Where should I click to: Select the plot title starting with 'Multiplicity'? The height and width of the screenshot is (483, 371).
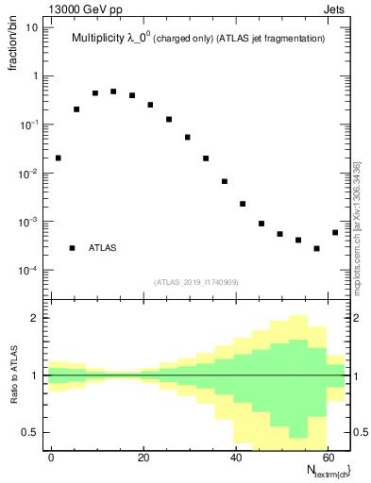coord(198,40)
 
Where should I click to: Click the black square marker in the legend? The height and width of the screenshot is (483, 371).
coord(72,248)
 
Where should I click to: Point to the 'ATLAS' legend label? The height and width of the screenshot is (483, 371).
coord(103,248)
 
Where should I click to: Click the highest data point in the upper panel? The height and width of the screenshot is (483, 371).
coord(113,92)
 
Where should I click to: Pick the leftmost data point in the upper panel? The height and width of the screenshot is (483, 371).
coord(59,158)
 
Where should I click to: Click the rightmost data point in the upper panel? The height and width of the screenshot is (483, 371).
coord(335,232)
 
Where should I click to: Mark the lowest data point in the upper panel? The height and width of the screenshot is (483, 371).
coord(316,249)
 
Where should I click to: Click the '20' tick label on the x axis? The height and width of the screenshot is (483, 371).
coord(143,456)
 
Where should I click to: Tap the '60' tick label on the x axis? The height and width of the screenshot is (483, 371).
coord(329,456)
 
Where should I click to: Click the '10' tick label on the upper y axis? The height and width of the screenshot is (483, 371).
coord(32,26)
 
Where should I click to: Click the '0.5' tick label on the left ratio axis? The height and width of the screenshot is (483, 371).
coord(31,433)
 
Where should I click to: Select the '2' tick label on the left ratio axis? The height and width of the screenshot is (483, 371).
coord(36,318)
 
